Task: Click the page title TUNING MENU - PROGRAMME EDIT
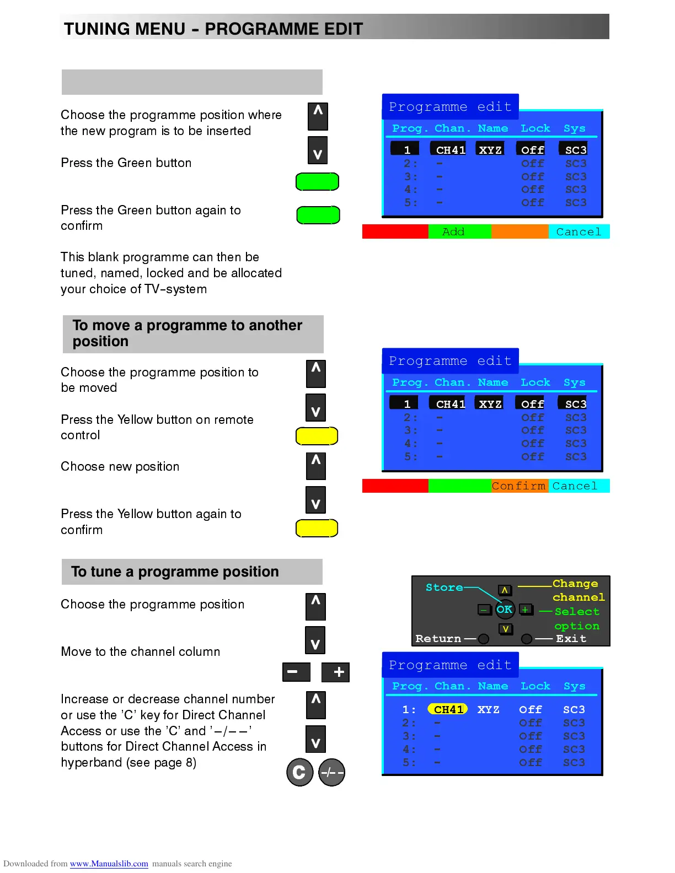click(x=213, y=29)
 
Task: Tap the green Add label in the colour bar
click(x=453, y=232)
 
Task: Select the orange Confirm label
click(x=518, y=486)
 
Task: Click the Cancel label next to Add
click(x=578, y=232)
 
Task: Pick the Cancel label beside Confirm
click(x=575, y=486)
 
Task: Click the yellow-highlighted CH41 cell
click(x=448, y=709)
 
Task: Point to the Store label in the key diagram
click(x=444, y=588)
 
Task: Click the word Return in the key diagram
click(x=438, y=639)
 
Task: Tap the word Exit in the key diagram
click(x=571, y=639)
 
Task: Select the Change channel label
click(x=577, y=590)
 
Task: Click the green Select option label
click(x=576, y=619)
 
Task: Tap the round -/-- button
click(x=332, y=773)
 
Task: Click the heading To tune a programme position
click(x=175, y=572)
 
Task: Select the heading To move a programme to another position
click(x=187, y=333)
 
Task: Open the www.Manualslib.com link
click(x=109, y=864)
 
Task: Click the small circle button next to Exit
click(x=527, y=639)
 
